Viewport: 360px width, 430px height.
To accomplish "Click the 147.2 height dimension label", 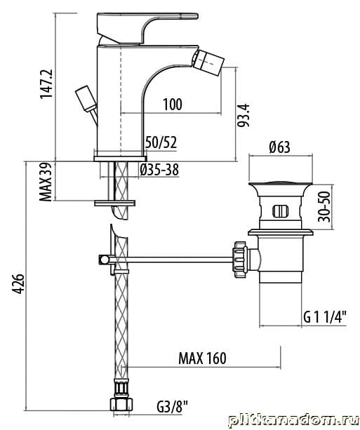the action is point(46,84).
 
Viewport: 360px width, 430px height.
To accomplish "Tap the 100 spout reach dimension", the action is point(173,105).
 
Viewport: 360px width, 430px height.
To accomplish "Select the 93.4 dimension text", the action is point(244,115).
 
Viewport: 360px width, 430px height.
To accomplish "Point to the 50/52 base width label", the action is point(161,142).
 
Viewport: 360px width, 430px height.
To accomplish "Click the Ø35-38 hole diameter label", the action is point(159,170).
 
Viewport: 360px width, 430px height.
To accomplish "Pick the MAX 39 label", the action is point(46,182).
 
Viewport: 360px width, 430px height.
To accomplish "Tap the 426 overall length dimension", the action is point(19,283).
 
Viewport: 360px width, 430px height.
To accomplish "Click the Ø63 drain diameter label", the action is point(279,147).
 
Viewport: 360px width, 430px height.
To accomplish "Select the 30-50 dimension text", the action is point(324,206).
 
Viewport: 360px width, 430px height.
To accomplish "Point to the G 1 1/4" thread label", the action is point(325,317).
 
